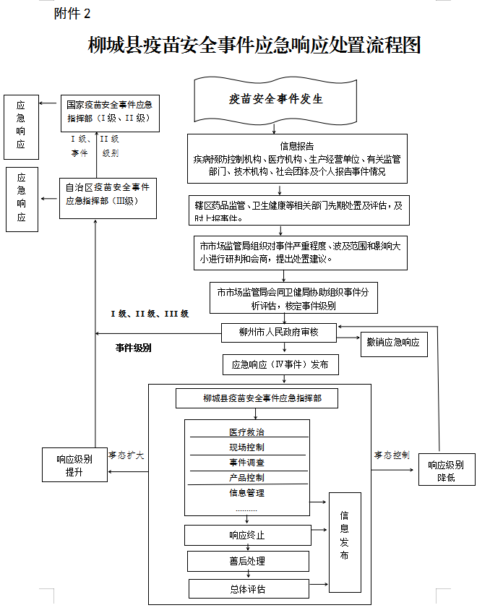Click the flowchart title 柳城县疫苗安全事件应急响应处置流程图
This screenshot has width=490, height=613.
254,46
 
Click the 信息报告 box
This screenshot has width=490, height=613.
296,158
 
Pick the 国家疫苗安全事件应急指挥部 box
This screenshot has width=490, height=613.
109,112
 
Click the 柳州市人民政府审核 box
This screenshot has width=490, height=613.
278,333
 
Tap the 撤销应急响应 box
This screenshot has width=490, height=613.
393,342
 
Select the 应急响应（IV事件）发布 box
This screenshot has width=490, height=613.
280,365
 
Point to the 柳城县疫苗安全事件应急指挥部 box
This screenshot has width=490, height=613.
257,398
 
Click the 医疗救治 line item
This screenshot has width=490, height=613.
246,432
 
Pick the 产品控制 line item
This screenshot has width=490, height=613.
246,478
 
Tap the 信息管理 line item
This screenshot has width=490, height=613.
246,493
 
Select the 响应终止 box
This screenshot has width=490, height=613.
247,536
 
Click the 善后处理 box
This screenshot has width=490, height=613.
248,561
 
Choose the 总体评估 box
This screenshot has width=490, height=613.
248,588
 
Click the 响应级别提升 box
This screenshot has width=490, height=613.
74,466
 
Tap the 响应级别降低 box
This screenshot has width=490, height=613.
446,471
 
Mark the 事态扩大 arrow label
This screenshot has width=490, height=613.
126,455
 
